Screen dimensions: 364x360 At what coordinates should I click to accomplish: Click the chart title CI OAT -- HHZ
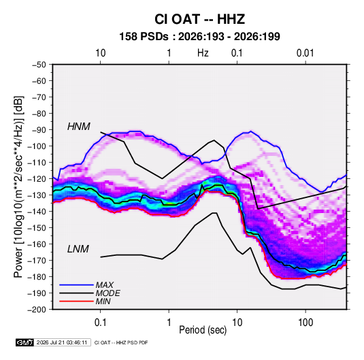tap(199, 19)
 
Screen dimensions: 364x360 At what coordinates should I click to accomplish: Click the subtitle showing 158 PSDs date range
tap(199, 37)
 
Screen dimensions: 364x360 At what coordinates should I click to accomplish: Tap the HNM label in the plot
tap(79, 127)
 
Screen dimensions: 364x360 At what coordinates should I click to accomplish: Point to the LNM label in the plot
tap(78, 249)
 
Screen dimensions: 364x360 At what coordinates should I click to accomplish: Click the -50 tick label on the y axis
tap(39, 65)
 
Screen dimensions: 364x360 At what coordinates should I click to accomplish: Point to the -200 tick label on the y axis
tap(37, 310)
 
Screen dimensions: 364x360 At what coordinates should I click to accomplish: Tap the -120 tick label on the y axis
tap(37, 179)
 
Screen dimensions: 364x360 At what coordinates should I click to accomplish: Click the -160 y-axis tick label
tap(37, 244)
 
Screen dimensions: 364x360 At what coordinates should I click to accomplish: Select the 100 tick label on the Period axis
tap(305, 323)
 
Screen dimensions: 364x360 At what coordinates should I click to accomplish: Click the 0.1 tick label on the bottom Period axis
tap(100, 323)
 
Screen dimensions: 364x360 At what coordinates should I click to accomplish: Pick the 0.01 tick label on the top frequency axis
tap(305, 53)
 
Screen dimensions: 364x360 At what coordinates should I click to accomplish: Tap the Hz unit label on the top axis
tap(203, 53)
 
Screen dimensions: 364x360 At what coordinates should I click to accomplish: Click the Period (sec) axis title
tap(203, 330)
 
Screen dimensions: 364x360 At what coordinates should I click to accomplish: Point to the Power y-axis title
tap(18, 187)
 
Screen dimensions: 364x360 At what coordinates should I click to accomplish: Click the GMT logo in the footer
tap(25, 342)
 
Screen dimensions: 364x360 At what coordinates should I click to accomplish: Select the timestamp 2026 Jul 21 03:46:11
tap(62, 342)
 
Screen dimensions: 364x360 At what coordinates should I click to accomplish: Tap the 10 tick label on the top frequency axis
tap(101, 53)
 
